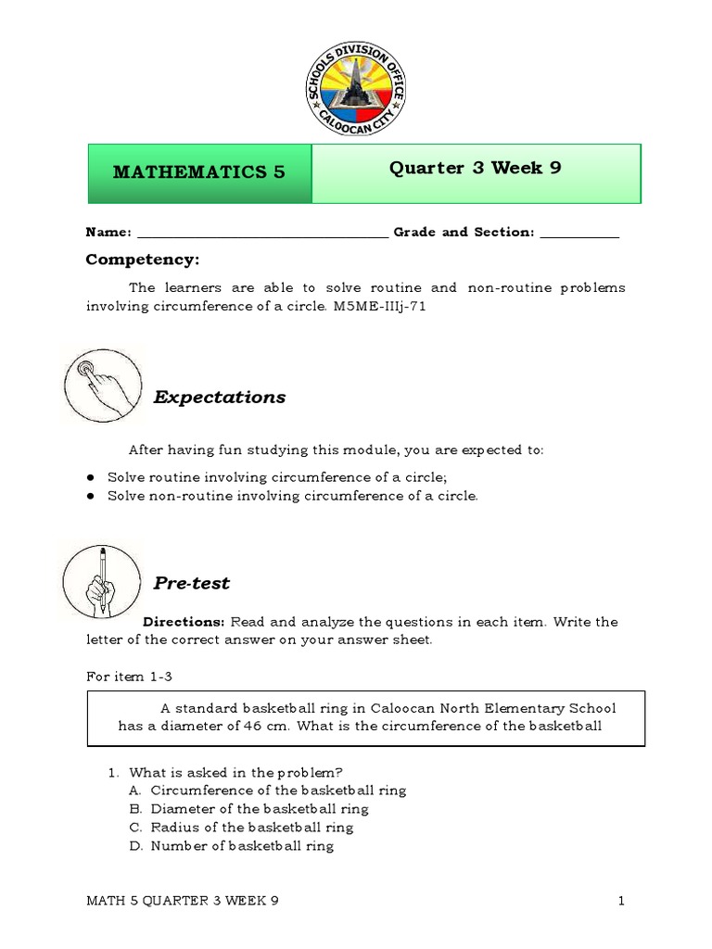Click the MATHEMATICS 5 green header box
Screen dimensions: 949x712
[x=199, y=172]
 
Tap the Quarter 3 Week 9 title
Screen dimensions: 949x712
[x=475, y=169]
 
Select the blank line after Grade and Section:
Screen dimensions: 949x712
[x=578, y=234]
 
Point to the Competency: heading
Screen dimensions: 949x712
[x=143, y=259]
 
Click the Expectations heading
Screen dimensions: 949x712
[x=220, y=398]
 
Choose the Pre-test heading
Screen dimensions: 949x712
[x=191, y=584]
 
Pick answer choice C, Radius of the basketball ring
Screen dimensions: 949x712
[x=251, y=828]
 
